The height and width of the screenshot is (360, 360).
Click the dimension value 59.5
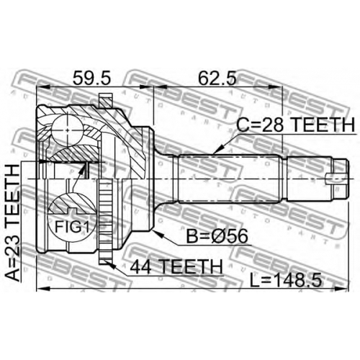(91, 78)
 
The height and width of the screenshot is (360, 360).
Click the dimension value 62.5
(217, 78)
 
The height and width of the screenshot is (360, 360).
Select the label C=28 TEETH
(295, 125)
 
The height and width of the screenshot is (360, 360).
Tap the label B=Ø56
(217, 236)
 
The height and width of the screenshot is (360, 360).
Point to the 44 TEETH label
(176, 266)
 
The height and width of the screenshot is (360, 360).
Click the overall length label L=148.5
(286, 281)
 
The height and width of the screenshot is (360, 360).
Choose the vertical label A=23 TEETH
(12, 223)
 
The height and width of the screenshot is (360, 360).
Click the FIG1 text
(72, 227)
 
